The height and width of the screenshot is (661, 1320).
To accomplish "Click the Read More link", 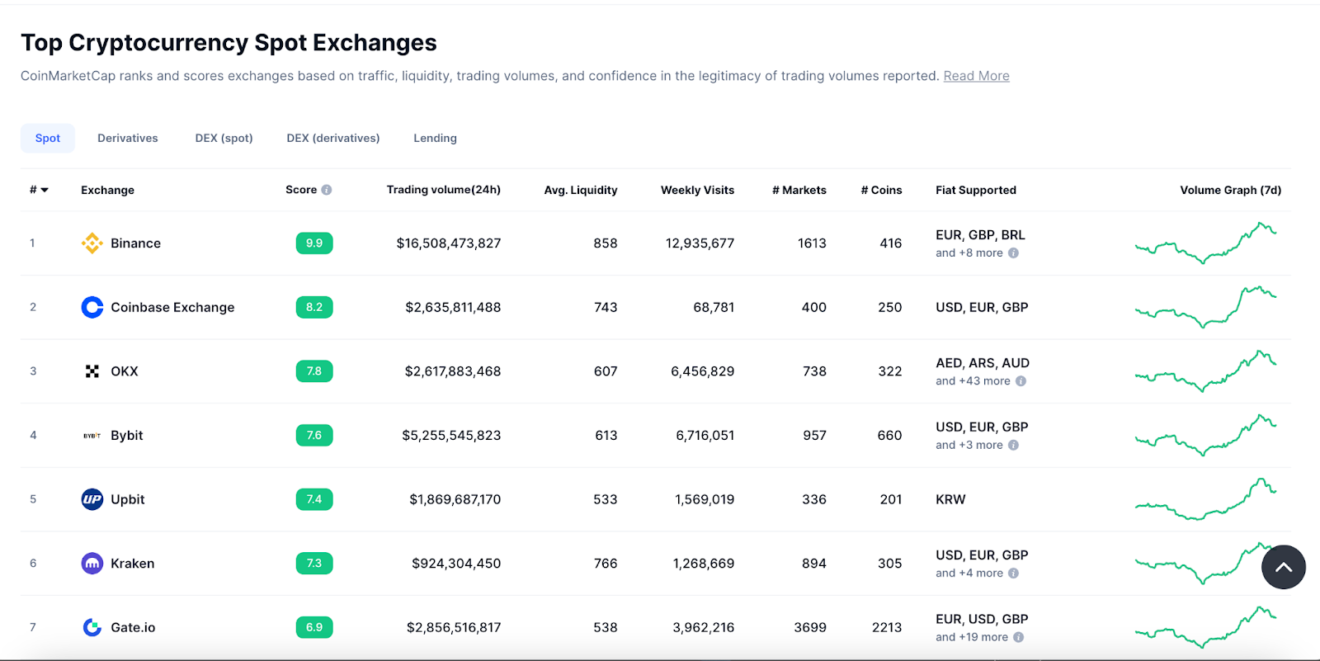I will (x=976, y=76).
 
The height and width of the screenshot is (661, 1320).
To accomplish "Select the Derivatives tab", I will (x=127, y=138).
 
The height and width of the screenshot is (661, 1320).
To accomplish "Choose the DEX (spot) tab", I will (x=224, y=138).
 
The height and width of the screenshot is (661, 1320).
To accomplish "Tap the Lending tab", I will (x=435, y=138).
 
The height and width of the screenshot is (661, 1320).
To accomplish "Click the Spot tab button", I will (x=48, y=138).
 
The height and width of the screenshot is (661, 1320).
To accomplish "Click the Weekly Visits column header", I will (x=697, y=190).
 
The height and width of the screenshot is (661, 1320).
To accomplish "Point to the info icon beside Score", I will (x=327, y=190).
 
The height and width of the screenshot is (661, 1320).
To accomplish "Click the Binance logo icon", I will (x=92, y=243).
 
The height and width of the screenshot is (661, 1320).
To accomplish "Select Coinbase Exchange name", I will (x=172, y=307).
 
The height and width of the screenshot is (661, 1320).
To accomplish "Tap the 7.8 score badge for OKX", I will (x=314, y=371).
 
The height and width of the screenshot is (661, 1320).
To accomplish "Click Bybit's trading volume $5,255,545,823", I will (x=451, y=435).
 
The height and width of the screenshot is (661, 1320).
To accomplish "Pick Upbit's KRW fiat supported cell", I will (x=950, y=499).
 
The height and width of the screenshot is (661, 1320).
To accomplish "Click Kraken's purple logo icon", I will (x=92, y=564).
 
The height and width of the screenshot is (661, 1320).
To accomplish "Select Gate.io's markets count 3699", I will (x=809, y=627).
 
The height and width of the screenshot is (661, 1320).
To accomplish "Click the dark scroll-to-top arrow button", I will (x=1283, y=567).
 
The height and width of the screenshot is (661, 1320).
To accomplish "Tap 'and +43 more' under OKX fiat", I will (x=973, y=381).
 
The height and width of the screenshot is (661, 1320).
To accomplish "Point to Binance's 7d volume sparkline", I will (x=1205, y=243).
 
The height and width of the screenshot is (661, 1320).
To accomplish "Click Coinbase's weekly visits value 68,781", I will (x=713, y=307).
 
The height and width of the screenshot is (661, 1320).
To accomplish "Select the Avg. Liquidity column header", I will (x=580, y=190).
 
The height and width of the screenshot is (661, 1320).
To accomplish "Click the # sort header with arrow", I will (x=39, y=190).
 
